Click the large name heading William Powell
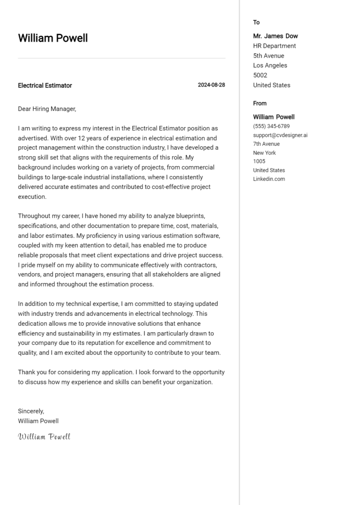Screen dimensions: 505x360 (x=52, y=38)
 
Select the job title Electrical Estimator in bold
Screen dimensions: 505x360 (x=45, y=85)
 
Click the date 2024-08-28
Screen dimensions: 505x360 (x=211, y=85)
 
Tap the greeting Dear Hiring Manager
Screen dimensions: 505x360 (x=47, y=109)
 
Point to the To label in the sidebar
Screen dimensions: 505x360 (x=256, y=22)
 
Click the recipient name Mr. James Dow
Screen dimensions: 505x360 (x=275, y=36)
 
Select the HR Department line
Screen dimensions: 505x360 (x=274, y=46)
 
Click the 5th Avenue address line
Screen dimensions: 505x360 (x=268, y=56)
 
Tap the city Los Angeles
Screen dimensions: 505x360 (x=270, y=66)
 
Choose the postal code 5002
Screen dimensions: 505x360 (x=260, y=75)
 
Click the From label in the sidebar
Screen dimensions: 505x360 (x=260, y=104)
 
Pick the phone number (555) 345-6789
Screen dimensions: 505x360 (x=271, y=126)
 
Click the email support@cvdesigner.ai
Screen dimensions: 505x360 (x=280, y=135)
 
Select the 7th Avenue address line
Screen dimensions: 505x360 (x=266, y=144)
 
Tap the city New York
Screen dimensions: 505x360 (x=264, y=153)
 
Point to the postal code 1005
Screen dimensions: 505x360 (x=259, y=161)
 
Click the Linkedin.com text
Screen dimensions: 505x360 (x=269, y=179)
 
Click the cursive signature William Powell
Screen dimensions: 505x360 (x=44, y=437)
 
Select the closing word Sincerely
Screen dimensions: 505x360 (x=31, y=411)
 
